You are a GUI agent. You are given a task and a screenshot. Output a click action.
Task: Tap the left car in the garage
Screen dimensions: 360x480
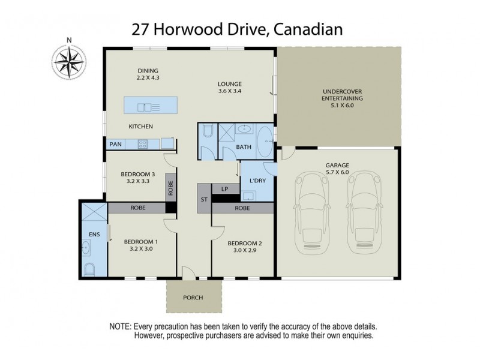(x=312, y=210)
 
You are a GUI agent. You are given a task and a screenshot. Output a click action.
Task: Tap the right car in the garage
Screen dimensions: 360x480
(x=365, y=210)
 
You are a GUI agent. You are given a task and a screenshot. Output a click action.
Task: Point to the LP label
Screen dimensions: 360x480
(x=224, y=188)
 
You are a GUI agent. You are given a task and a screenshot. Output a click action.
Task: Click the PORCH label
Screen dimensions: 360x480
(x=193, y=298)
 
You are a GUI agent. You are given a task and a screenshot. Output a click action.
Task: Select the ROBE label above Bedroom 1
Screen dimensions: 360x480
(x=138, y=208)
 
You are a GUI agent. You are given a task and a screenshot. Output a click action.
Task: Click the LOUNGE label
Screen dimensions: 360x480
(x=230, y=84)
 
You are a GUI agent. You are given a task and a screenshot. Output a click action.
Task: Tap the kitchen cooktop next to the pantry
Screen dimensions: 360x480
(x=143, y=144)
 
